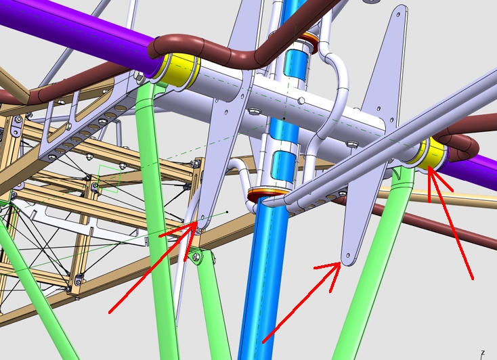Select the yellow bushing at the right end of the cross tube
click(x=433, y=154)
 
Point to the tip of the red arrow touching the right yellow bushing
click(x=429, y=166)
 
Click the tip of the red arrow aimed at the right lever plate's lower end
click(x=341, y=263)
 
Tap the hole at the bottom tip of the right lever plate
click(x=348, y=255)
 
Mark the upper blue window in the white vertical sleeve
click(x=296, y=64)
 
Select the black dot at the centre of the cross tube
click(x=284, y=118)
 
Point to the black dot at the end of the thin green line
click(x=227, y=212)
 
